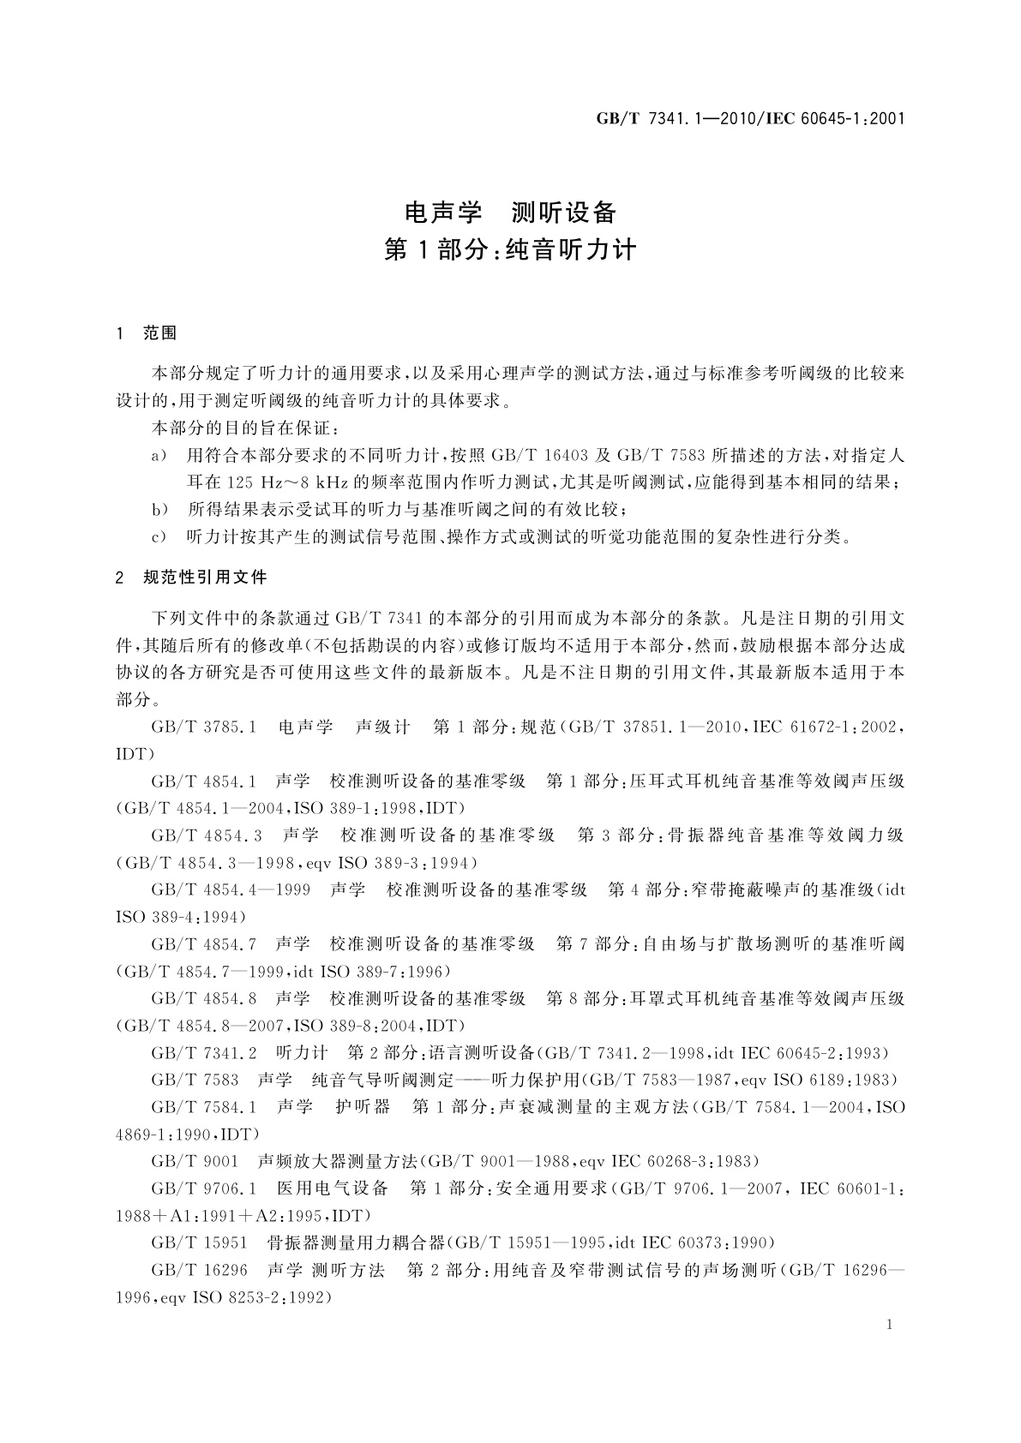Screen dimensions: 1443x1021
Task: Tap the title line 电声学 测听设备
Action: pyautogui.click(x=510, y=211)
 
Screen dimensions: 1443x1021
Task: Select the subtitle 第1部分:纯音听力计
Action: pyautogui.click(x=510, y=249)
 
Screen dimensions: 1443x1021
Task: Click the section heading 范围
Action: pyautogui.click(x=160, y=334)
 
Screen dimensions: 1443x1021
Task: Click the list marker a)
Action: pyautogui.click(x=159, y=456)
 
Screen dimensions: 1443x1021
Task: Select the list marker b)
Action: pyautogui.click(x=159, y=511)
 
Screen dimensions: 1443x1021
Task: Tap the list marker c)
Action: pyautogui.click(x=159, y=538)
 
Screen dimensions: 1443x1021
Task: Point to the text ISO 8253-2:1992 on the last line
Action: pyautogui.click(x=258, y=1299)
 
